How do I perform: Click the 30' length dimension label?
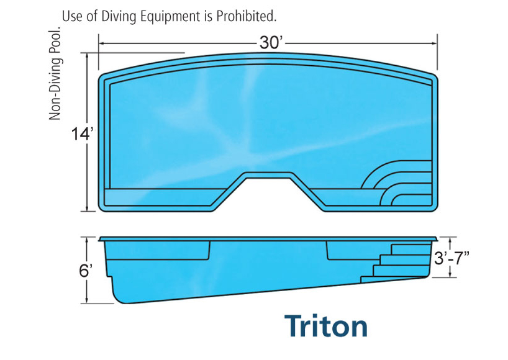click(271, 43)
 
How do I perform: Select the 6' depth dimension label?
click(86, 270)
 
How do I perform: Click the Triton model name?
click(326, 326)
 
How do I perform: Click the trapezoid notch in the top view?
click(269, 186)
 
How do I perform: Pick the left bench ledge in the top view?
click(161, 197)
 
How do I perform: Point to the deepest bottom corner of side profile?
click(121, 300)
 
